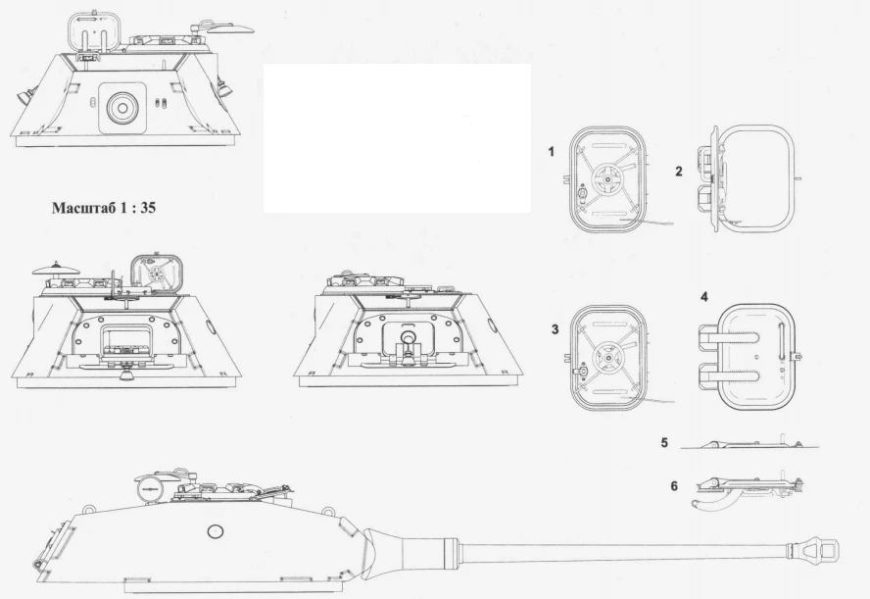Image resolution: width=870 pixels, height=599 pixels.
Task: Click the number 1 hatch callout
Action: pos(551,152)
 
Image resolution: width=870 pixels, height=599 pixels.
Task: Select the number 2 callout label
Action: pos(679,172)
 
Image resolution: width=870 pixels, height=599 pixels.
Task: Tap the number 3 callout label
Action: pos(555,329)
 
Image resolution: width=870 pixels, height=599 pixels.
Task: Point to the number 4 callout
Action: pos(704,297)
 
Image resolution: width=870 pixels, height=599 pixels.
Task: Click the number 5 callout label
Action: pos(664,443)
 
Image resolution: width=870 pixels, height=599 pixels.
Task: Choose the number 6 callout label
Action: pos(674,486)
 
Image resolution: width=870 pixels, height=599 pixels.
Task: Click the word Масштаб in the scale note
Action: pos(84,208)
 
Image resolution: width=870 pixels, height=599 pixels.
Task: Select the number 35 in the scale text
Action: pos(148,208)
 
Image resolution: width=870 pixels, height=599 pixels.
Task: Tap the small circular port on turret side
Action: pos(215,531)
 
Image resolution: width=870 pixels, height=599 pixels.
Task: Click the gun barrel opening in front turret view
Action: pos(122,108)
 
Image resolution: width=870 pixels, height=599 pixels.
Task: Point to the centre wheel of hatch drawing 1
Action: pos(608,178)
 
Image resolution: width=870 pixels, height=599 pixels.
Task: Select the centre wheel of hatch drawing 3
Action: pos(608,357)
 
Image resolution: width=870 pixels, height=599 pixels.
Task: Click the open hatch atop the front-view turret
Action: pos(94,32)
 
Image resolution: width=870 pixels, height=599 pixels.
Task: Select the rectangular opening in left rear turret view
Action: pos(125,339)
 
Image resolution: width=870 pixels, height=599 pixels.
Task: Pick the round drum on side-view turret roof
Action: pos(149,487)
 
